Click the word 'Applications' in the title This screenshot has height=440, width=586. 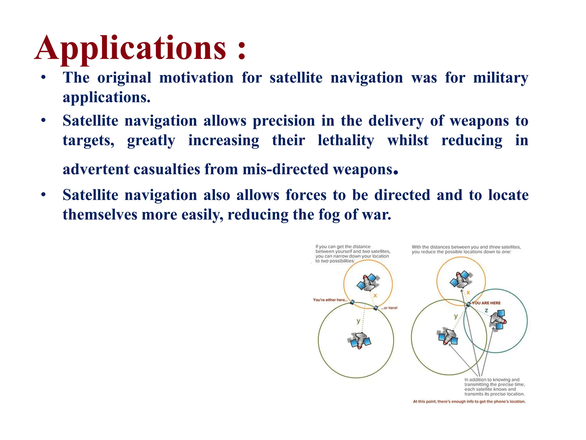pyautogui.click(x=130, y=48)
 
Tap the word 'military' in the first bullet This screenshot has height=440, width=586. pyautogui.click(x=500, y=78)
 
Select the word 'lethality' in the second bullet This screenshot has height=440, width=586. pyautogui.click(x=346, y=140)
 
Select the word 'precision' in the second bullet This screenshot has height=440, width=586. pyautogui.click(x=284, y=121)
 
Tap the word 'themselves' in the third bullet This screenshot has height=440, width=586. pyautogui.click(x=100, y=215)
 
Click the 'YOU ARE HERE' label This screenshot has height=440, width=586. pyautogui.click(x=486, y=303)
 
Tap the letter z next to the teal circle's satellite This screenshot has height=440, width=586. pyautogui.click(x=486, y=311)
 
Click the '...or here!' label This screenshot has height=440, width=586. pyautogui.click(x=389, y=308)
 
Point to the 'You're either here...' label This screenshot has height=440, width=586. pyautogui.click(x=330, y=300)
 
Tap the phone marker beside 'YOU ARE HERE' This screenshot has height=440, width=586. pyautogui.click(x=468, y=304)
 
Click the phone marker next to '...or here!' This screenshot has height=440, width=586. pyautogui.click(x=376, y=308)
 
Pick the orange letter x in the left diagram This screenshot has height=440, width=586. pyautogui.click(x=375, y=295)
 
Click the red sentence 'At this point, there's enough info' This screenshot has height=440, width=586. pyautogui.click(x=469, y=401)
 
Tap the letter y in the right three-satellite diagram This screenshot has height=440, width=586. pyautogui.click(x=456, y=316)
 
